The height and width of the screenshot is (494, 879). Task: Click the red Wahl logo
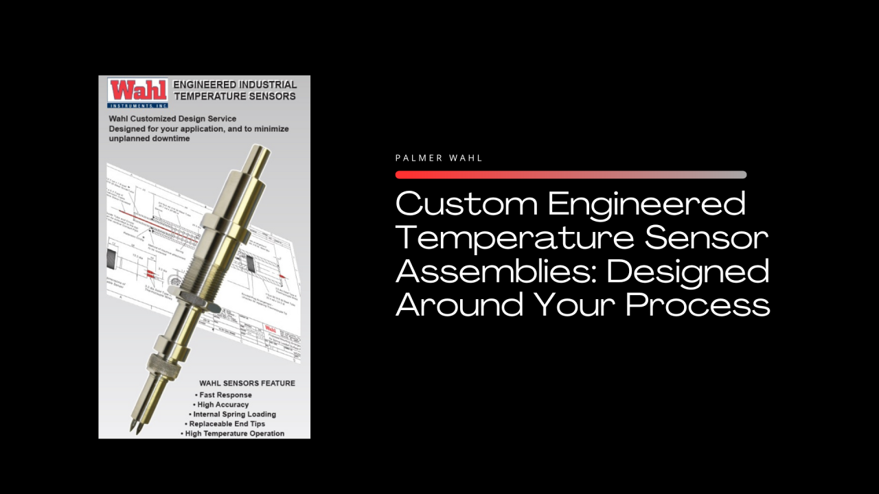click(137, 91)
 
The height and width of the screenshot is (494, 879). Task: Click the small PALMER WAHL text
click(439, 158)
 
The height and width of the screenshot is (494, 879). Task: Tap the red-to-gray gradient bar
click(571, 174)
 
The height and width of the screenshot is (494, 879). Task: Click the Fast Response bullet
click(225, 395)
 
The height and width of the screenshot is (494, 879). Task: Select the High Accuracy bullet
click(222, 405)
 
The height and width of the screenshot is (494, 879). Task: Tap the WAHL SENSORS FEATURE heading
click(247, 383)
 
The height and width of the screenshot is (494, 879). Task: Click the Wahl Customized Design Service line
click(172, 119)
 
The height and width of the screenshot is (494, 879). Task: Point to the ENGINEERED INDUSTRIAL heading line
click(235, 84)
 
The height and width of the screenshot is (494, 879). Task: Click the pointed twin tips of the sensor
click(136, 427)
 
